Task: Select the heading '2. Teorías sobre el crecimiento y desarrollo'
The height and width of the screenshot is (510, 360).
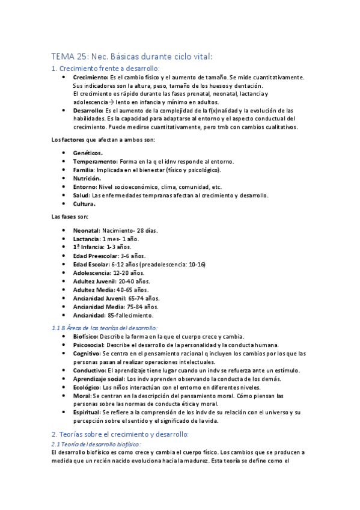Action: click(120, 434)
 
